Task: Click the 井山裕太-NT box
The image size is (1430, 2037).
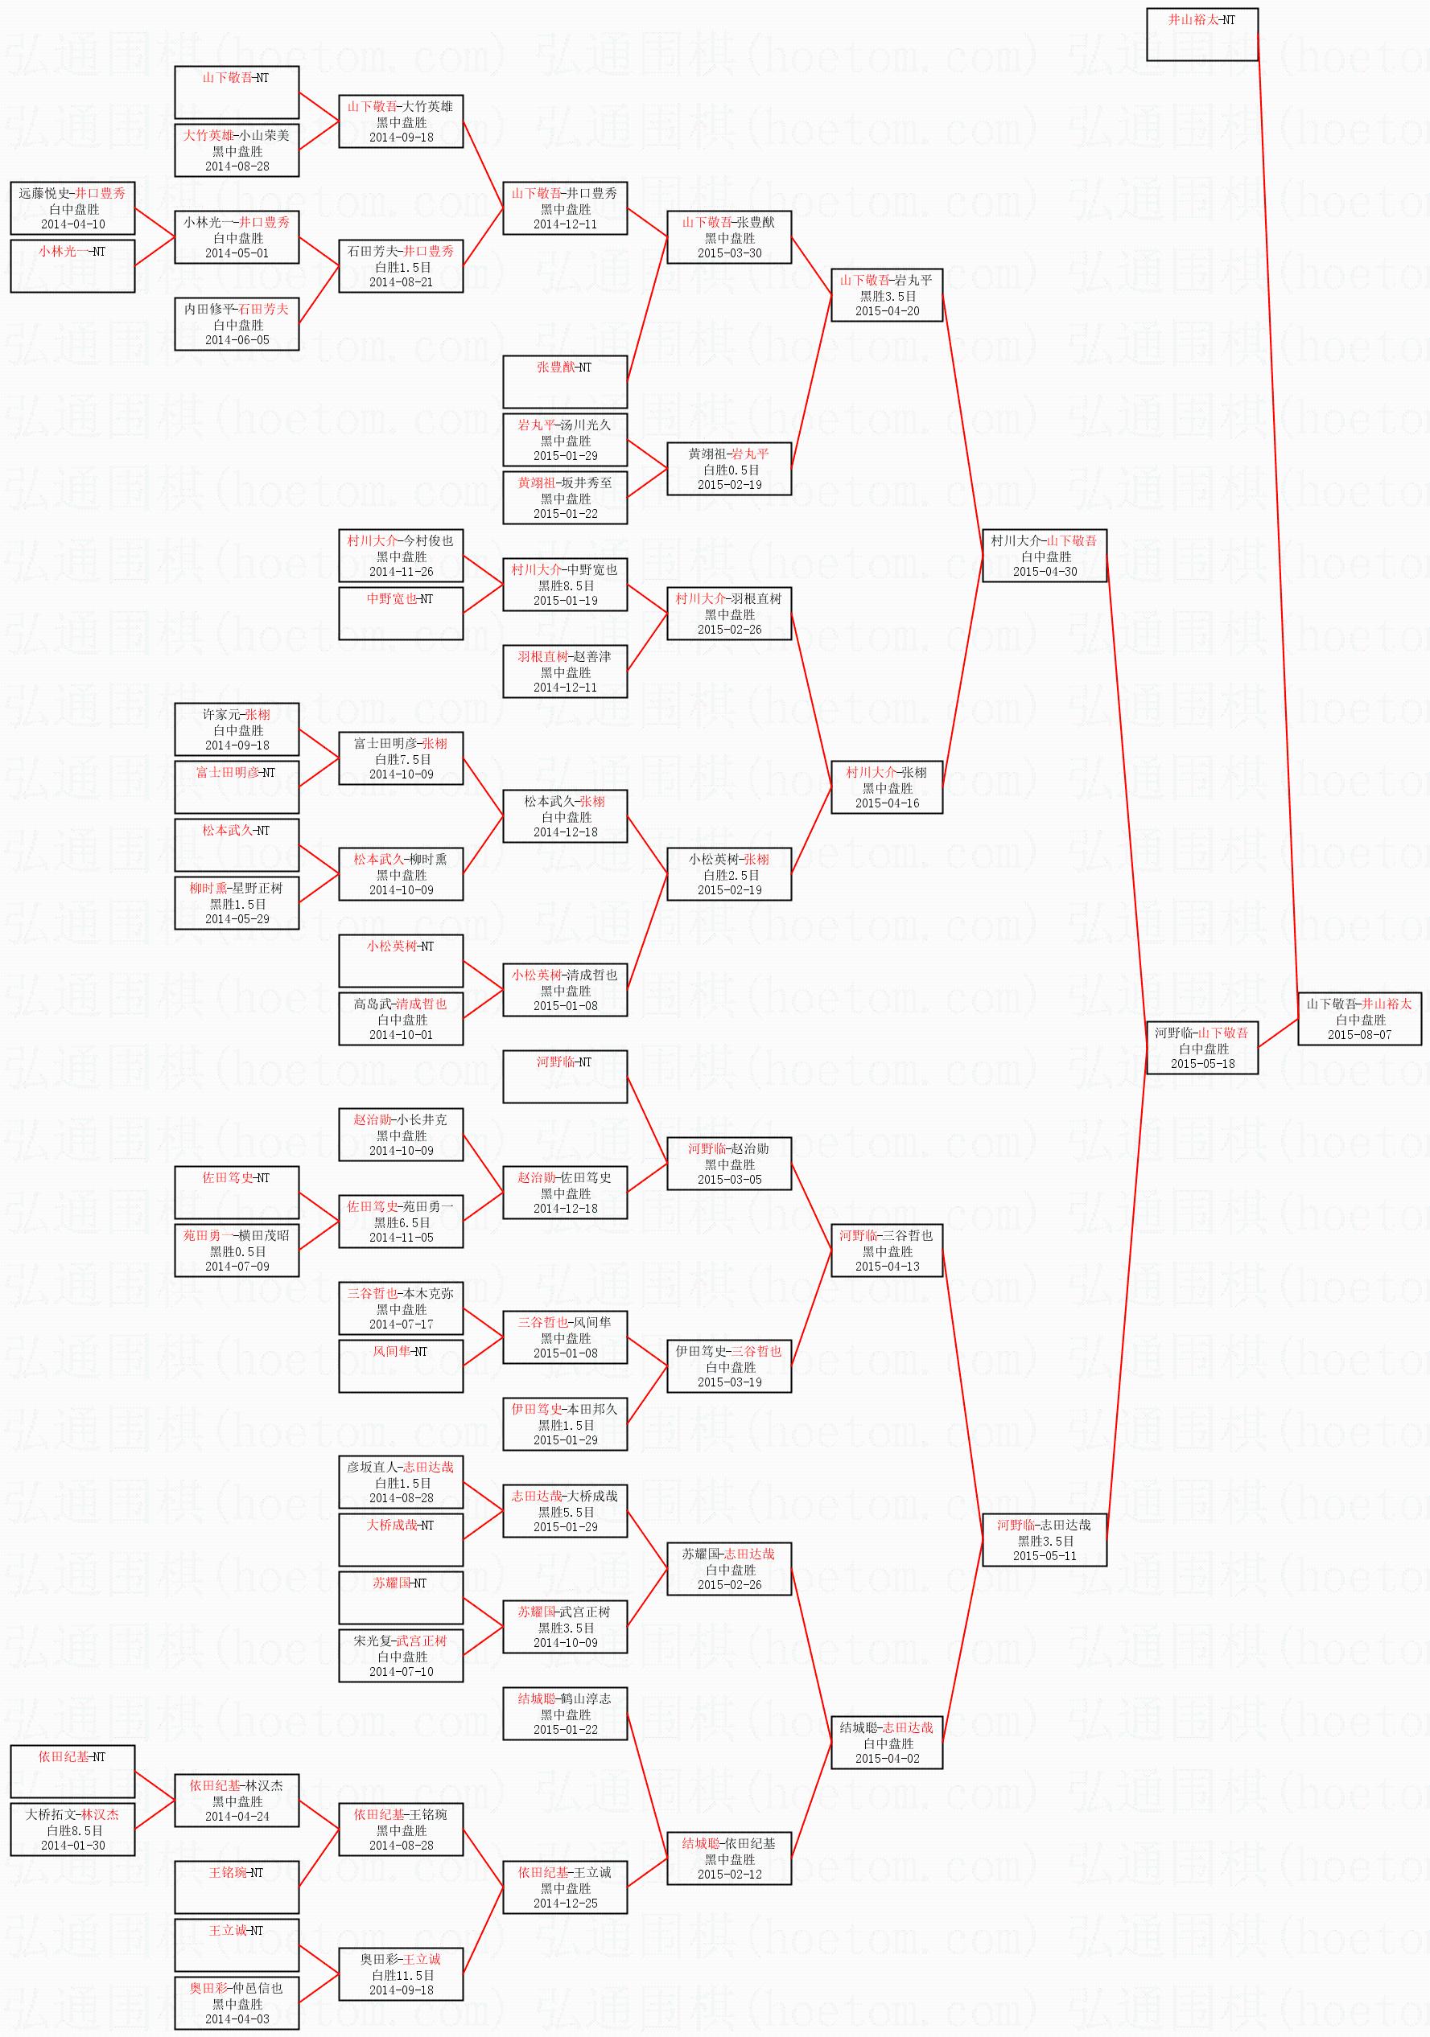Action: pos(1202,35)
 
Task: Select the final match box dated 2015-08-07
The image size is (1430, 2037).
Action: pos(1360,1018)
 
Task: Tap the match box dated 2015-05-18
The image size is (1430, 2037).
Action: pos(1202,1048)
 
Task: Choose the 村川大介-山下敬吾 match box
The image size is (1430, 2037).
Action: pos(1044,556)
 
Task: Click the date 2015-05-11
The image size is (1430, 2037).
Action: pos(1044,1555)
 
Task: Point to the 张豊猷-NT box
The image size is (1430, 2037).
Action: pos(565,381)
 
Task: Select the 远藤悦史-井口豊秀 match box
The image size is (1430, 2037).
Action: pos(72,207)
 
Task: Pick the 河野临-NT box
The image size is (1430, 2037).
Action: pos(565,1076)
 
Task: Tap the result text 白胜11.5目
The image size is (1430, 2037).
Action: pos(402,1975)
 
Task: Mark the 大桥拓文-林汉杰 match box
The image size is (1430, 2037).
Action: pos(72,1830)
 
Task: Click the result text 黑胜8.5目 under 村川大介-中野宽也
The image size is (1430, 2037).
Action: pos(565,585)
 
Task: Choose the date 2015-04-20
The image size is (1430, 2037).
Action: pos(887,310)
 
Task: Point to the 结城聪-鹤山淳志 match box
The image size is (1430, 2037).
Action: pos(565,1713)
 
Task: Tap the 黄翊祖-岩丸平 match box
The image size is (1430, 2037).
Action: pos(729,469)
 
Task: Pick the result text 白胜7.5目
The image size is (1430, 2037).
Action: pos(402,759)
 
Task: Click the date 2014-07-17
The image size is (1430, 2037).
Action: pos(402,1324)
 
